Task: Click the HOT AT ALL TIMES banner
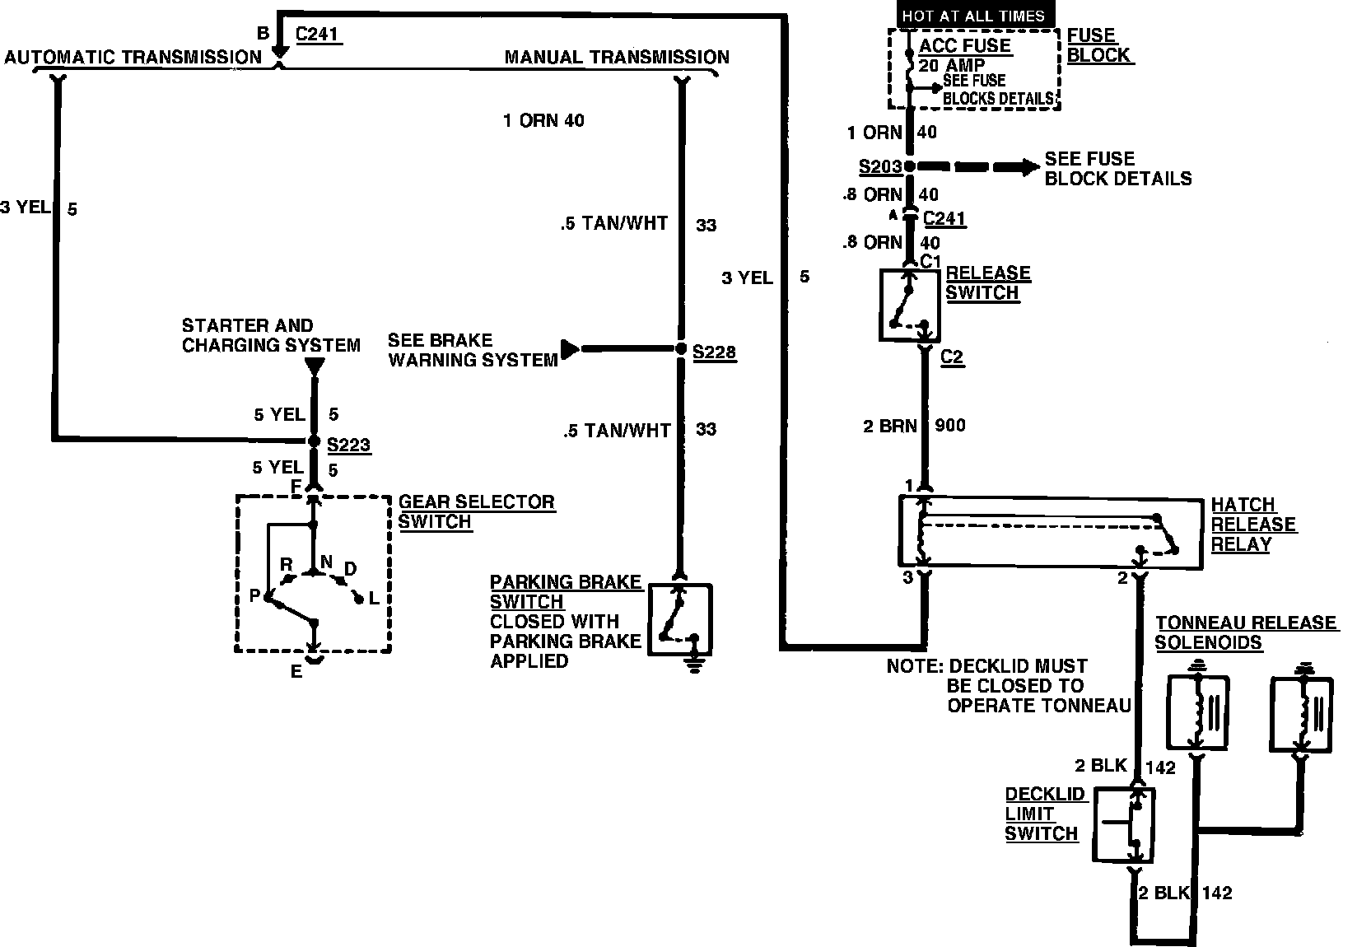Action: (973, 16)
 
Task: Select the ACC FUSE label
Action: (964, 46)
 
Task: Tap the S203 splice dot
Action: (910, 166)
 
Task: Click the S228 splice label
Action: (714, 352)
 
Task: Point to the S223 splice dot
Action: (313, 441)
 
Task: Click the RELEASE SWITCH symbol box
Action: (910, 304)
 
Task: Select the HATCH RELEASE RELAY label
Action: (1253, 525)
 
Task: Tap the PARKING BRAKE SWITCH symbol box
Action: (680, 619)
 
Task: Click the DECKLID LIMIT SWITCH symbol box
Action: (1123, 825)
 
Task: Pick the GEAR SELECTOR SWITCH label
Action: (476, 511)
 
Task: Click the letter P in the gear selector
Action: (255, 596)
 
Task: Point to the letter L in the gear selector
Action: (374, 599)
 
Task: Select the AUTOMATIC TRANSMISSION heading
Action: (133, 57)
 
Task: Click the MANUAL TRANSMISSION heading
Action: (617, 57)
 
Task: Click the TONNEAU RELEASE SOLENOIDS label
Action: (1245, 632)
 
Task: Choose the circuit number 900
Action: (950, 426)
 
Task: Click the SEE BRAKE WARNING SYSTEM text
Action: (473, 350)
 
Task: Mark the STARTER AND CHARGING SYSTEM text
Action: (271, 335)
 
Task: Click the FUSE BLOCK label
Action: (1098, 46)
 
